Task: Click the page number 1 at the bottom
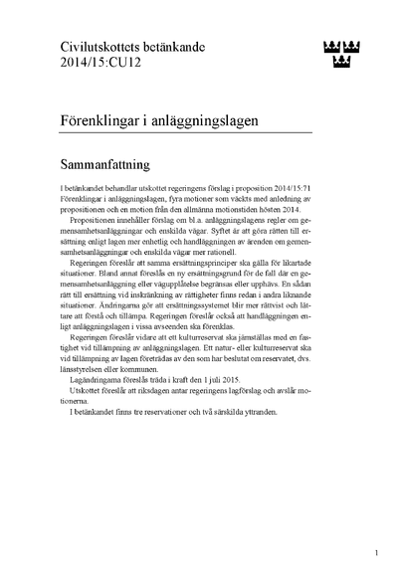tap(377, 552)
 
